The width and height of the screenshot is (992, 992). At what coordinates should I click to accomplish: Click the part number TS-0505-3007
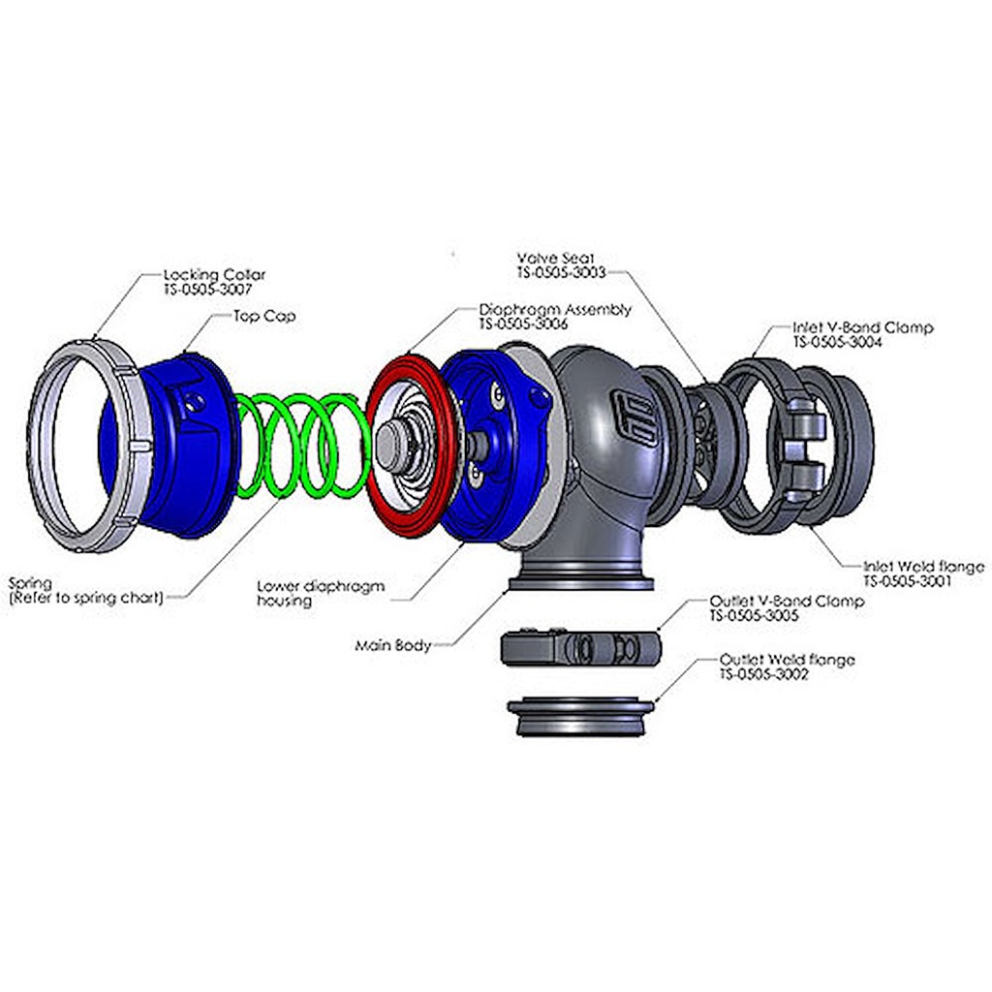pos(207,290)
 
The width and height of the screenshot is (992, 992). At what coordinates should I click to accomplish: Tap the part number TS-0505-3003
pos(561,272)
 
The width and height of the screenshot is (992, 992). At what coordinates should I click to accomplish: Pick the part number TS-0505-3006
pos(523,324)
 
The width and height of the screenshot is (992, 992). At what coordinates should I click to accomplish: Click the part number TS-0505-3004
pos(837,342)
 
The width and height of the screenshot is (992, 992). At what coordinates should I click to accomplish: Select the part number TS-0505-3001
pos(907,581)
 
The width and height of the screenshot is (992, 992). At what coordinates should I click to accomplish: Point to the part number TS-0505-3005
pos(754,615)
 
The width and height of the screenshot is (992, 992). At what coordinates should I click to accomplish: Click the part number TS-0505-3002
pos(764,674)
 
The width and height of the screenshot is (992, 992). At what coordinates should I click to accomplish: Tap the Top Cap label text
pos(264,317)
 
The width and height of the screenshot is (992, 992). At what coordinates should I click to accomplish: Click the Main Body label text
pos(393,646)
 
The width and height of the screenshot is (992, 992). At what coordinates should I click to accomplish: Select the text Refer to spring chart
pos(86,598)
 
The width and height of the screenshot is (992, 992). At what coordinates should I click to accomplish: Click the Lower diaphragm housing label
pos(321,594)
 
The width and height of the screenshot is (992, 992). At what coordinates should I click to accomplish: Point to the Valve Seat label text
pos(555,258)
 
